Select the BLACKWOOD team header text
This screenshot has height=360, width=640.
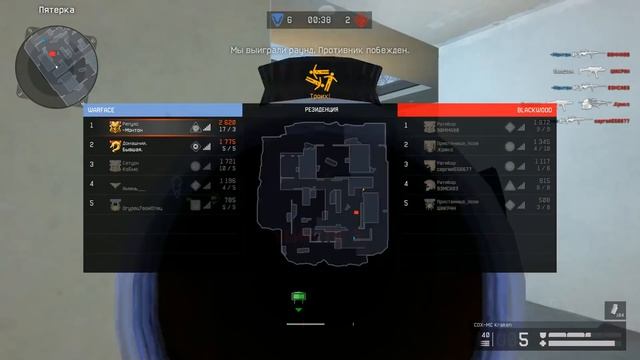tap(535, 109)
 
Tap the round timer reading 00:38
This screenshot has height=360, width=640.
tap(320, 19)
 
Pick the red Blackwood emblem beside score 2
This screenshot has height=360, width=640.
tap(362, 19)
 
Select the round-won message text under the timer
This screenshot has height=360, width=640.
tap(320, 48)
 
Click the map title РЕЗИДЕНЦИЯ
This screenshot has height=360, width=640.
tap(320, 109)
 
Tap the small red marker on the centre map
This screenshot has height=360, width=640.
tap(356, 213)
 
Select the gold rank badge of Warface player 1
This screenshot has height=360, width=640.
tap(115, 126)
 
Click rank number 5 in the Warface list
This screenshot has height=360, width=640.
tap(91, 203)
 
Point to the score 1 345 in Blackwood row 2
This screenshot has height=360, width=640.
tap(542, 141)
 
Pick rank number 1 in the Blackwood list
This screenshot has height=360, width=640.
tap(405, 126)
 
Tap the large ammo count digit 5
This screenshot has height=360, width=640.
tap(523, 340)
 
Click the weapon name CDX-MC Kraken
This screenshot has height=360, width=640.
tap(493, 324)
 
